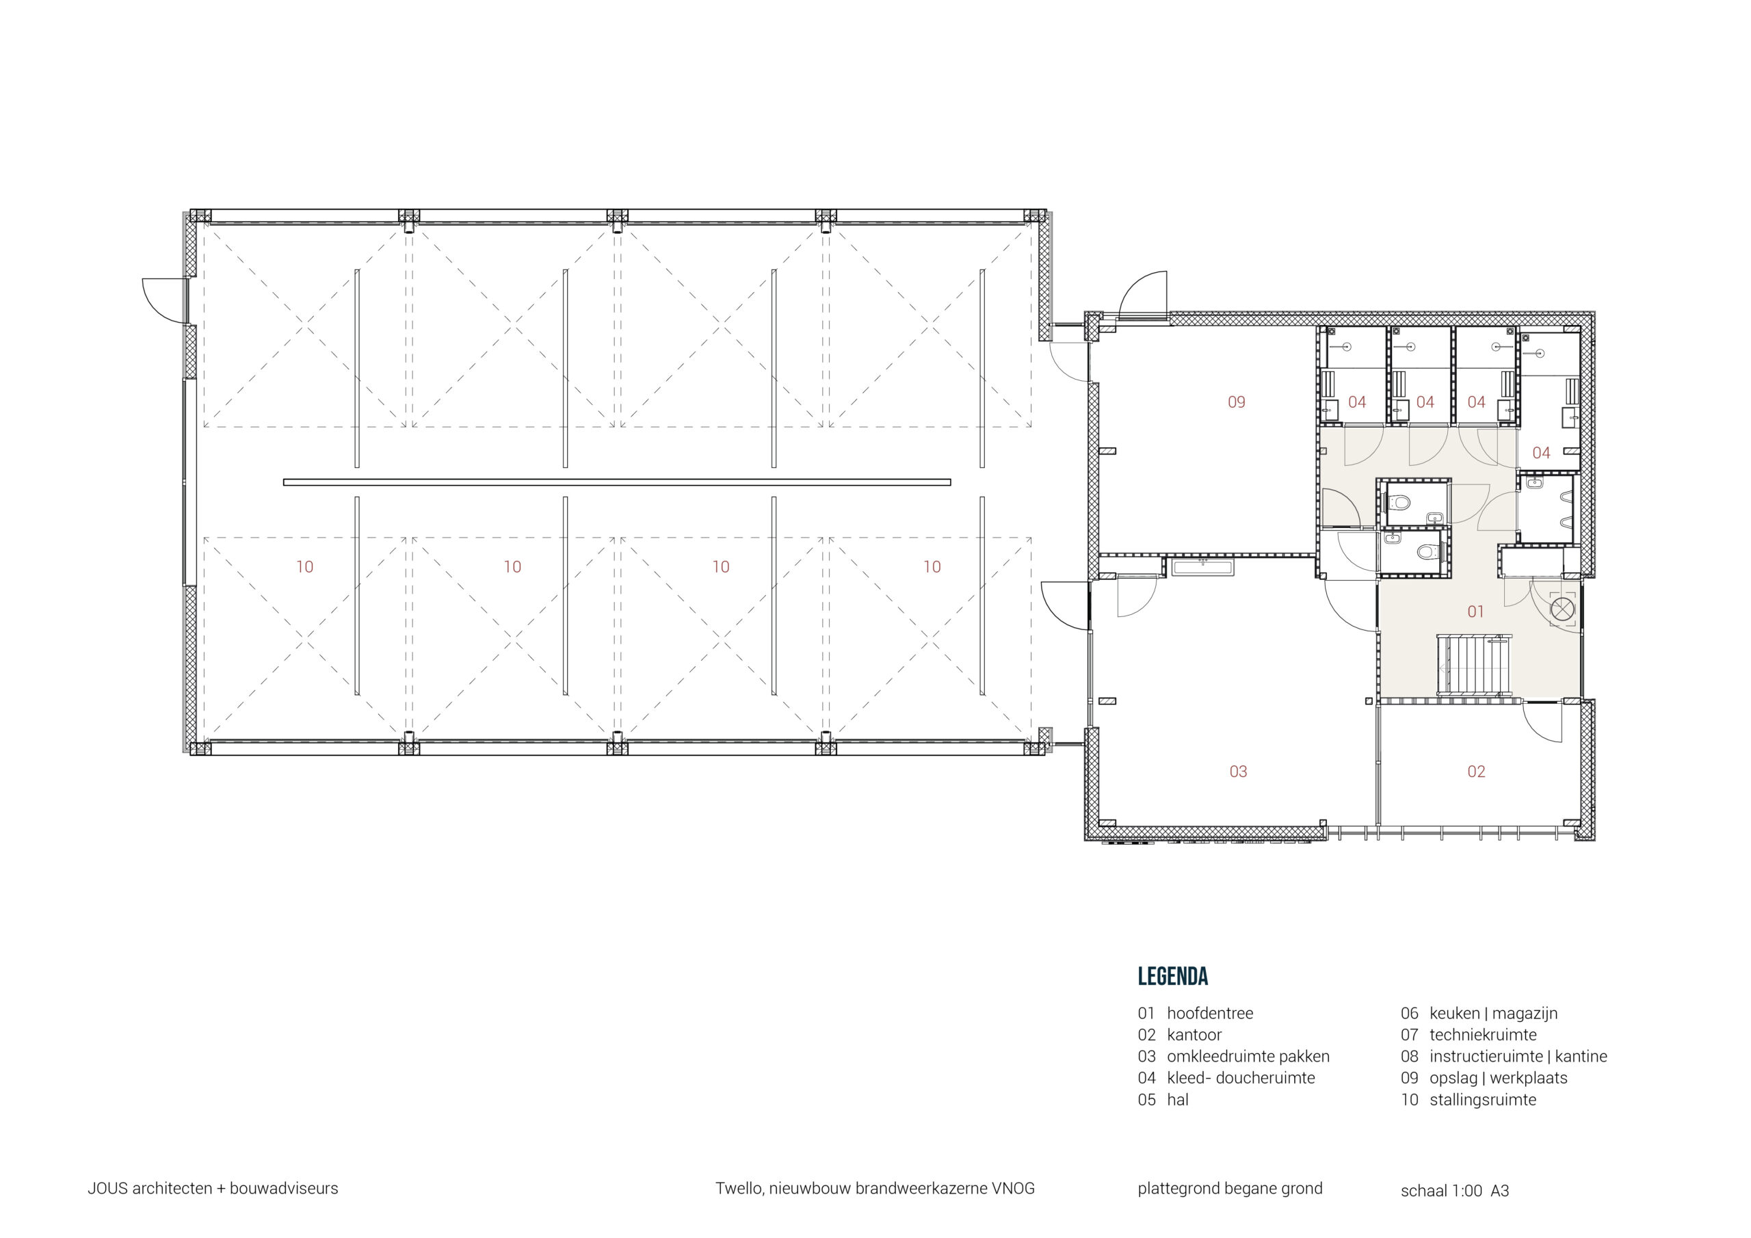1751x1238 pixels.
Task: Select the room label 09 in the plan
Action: tap(1236, 402)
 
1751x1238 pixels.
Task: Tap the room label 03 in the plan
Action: tap(1238, 772)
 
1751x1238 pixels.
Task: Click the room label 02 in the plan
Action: tap(1475, 772)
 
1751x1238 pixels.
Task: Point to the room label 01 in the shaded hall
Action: tap(1475, 611)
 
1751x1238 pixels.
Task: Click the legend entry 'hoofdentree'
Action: tap(1209, 1014)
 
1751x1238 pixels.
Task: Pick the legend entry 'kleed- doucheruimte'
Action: tap(1240, 1079)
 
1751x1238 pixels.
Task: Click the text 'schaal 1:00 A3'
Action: tap(1454, 1191)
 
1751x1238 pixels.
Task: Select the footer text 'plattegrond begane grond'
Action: tap(1229, 1189)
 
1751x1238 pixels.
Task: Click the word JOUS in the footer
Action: tap(107, 1189)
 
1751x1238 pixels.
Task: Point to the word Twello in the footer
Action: tap(738, 1189)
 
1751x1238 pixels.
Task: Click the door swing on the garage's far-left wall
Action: tap(161, 299)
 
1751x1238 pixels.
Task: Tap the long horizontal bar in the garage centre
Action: tap(616, 482)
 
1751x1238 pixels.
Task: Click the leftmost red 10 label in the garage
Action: tap(304, 567)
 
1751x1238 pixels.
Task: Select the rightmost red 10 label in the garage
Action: tap(932, 567)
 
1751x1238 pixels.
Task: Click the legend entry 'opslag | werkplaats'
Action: tap(1498, 1079)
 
